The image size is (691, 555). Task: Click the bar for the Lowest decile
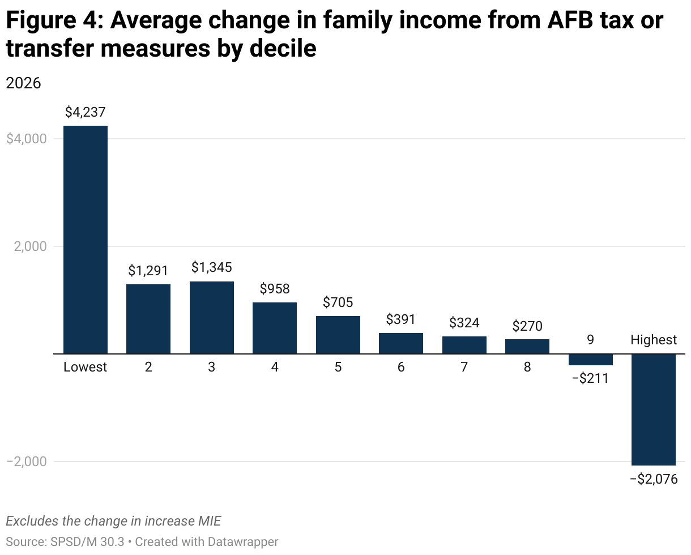(85, 240)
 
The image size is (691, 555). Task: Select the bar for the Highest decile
(654, 409)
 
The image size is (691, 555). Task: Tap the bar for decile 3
(211, 317)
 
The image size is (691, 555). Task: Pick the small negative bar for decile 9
(590, 360)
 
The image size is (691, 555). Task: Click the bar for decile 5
(338, 335)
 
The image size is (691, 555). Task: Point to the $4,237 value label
(85, 112)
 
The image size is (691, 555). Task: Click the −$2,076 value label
(654, 479)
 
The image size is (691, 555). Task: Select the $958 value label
(275, 289)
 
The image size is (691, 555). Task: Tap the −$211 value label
(590, 378)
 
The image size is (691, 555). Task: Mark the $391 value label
(401, 319)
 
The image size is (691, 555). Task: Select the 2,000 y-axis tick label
(30, 247)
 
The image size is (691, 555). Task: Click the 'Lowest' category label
(85, 367)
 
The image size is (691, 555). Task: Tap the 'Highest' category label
(654, 340)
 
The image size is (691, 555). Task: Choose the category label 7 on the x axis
(464, 367)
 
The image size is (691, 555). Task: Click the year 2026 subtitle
(23, 83)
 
